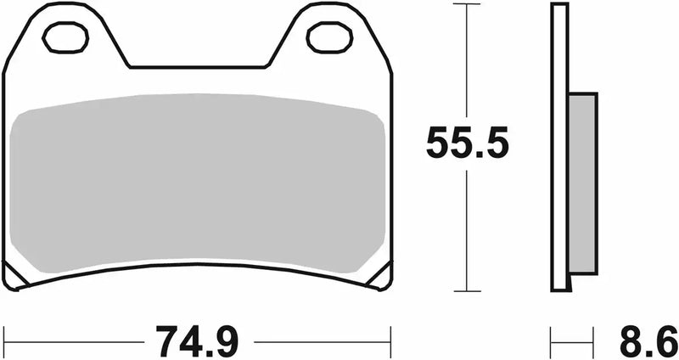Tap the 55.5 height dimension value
[467, 143]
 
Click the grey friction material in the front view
[199, 183]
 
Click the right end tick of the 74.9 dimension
[390, 341]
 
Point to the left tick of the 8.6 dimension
[553, 341]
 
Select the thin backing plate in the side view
[558, 51]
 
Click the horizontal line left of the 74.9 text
[76, 341]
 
